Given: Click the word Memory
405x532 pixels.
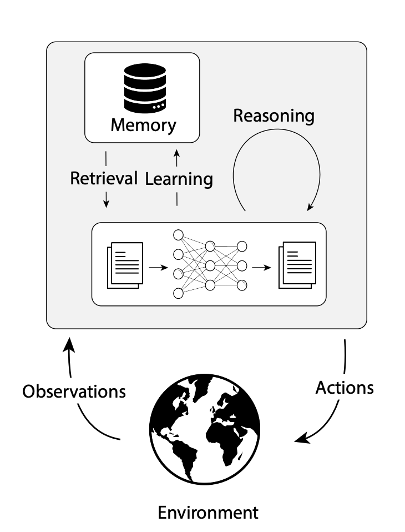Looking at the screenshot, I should click(x=143, y=124).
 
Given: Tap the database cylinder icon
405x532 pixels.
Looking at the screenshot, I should click(x=144, y=88).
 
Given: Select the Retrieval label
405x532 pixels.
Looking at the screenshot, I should click(x=104, y=178).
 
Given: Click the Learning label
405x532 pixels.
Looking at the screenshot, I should click(x=179, y=179).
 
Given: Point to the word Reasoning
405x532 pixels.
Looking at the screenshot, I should click(x=274, y=116).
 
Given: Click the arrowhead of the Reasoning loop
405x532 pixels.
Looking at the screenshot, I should click(x=311, y=207).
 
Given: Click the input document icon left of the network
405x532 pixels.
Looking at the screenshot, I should click(x=125, y=264).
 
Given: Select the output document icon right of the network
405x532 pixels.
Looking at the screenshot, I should click(x=297, y=264).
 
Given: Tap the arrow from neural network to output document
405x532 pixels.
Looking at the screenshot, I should click(x=262, y=267).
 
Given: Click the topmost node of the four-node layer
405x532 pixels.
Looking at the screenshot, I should click(x=179, y=235).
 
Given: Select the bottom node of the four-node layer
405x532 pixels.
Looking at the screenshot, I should click(x=179, y=293).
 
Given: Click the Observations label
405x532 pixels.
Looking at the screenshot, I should click(x=74, y=391).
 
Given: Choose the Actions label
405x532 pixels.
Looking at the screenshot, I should click(x=344, y=388).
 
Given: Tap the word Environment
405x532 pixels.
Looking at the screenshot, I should click(x=208, y=512).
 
